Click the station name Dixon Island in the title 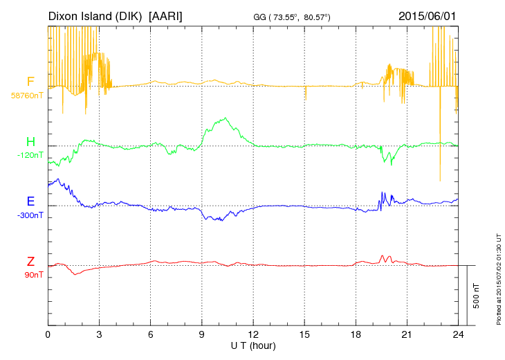click(x=96, y=15)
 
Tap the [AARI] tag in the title click(x=166, y=15)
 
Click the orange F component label click(x=30, y=82)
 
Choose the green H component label click(x=30, y=142)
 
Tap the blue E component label click(x=30, y=201)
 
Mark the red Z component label click(x=30, y=262)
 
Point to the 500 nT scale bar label click(x=477, y=296)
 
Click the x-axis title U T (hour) click(x=252, y=345)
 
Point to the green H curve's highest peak click(x=226, y=118)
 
